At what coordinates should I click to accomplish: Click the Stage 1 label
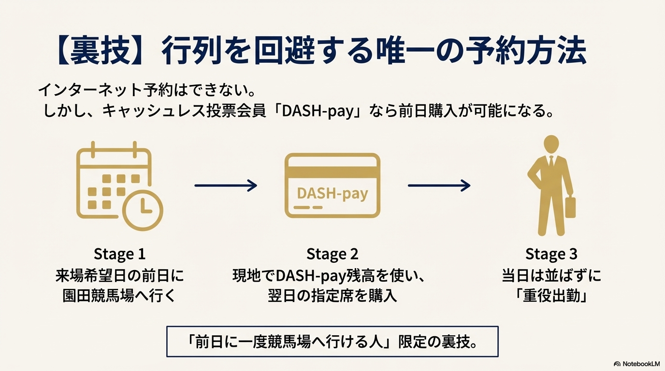point(119,254)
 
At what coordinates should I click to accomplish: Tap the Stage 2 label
point(332,254)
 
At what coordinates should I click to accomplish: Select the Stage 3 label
point(551,254)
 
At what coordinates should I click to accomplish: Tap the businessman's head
point(551,144)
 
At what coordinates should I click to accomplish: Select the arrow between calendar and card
point(226,185)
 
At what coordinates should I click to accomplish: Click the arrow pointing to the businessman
point(439,185)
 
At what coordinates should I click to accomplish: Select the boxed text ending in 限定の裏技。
point(332,342)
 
